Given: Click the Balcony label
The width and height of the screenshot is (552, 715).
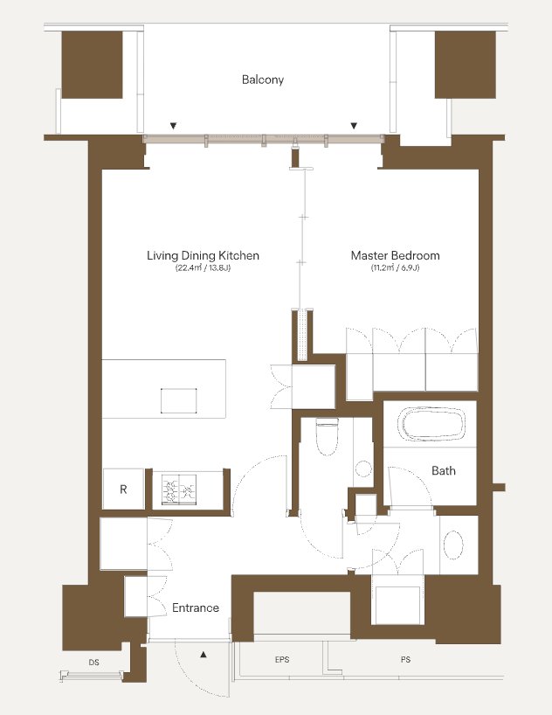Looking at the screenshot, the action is point(263,80).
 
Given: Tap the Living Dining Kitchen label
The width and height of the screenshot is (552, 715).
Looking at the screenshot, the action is point(203,255).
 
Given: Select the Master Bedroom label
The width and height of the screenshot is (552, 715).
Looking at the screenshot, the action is point(395,255).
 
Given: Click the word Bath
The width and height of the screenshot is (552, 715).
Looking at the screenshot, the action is point(444,470).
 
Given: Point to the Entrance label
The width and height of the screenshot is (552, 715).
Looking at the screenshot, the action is point(196,607).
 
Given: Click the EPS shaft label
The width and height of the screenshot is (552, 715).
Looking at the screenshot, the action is point(282,660).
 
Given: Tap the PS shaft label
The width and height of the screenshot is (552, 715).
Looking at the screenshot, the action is point(405,659).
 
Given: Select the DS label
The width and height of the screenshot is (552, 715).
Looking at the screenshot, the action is point(94,662).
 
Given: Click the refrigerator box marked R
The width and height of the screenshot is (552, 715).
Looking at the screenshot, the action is point(123,489).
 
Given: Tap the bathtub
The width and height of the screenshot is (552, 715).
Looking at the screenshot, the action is point(431,424).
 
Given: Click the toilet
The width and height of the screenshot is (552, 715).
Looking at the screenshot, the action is point(327,437).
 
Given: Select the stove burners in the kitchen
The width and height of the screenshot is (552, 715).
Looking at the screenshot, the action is point(179,489).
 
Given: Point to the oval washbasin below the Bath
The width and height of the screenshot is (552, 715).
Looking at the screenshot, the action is point(453,545).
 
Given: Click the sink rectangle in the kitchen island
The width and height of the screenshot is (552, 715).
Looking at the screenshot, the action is point(179,401).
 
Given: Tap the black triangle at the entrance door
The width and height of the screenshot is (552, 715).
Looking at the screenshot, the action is point(204,655).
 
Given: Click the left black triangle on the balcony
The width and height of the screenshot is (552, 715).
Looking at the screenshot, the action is point(173,126).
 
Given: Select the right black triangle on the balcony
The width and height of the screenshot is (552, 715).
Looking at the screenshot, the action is point(353,126).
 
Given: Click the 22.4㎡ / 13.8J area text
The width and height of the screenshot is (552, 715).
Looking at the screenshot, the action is point(203,268).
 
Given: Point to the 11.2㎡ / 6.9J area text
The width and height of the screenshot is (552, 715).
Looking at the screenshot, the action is point(395,268).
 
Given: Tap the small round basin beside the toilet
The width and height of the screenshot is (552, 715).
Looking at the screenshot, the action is point(363,469).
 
